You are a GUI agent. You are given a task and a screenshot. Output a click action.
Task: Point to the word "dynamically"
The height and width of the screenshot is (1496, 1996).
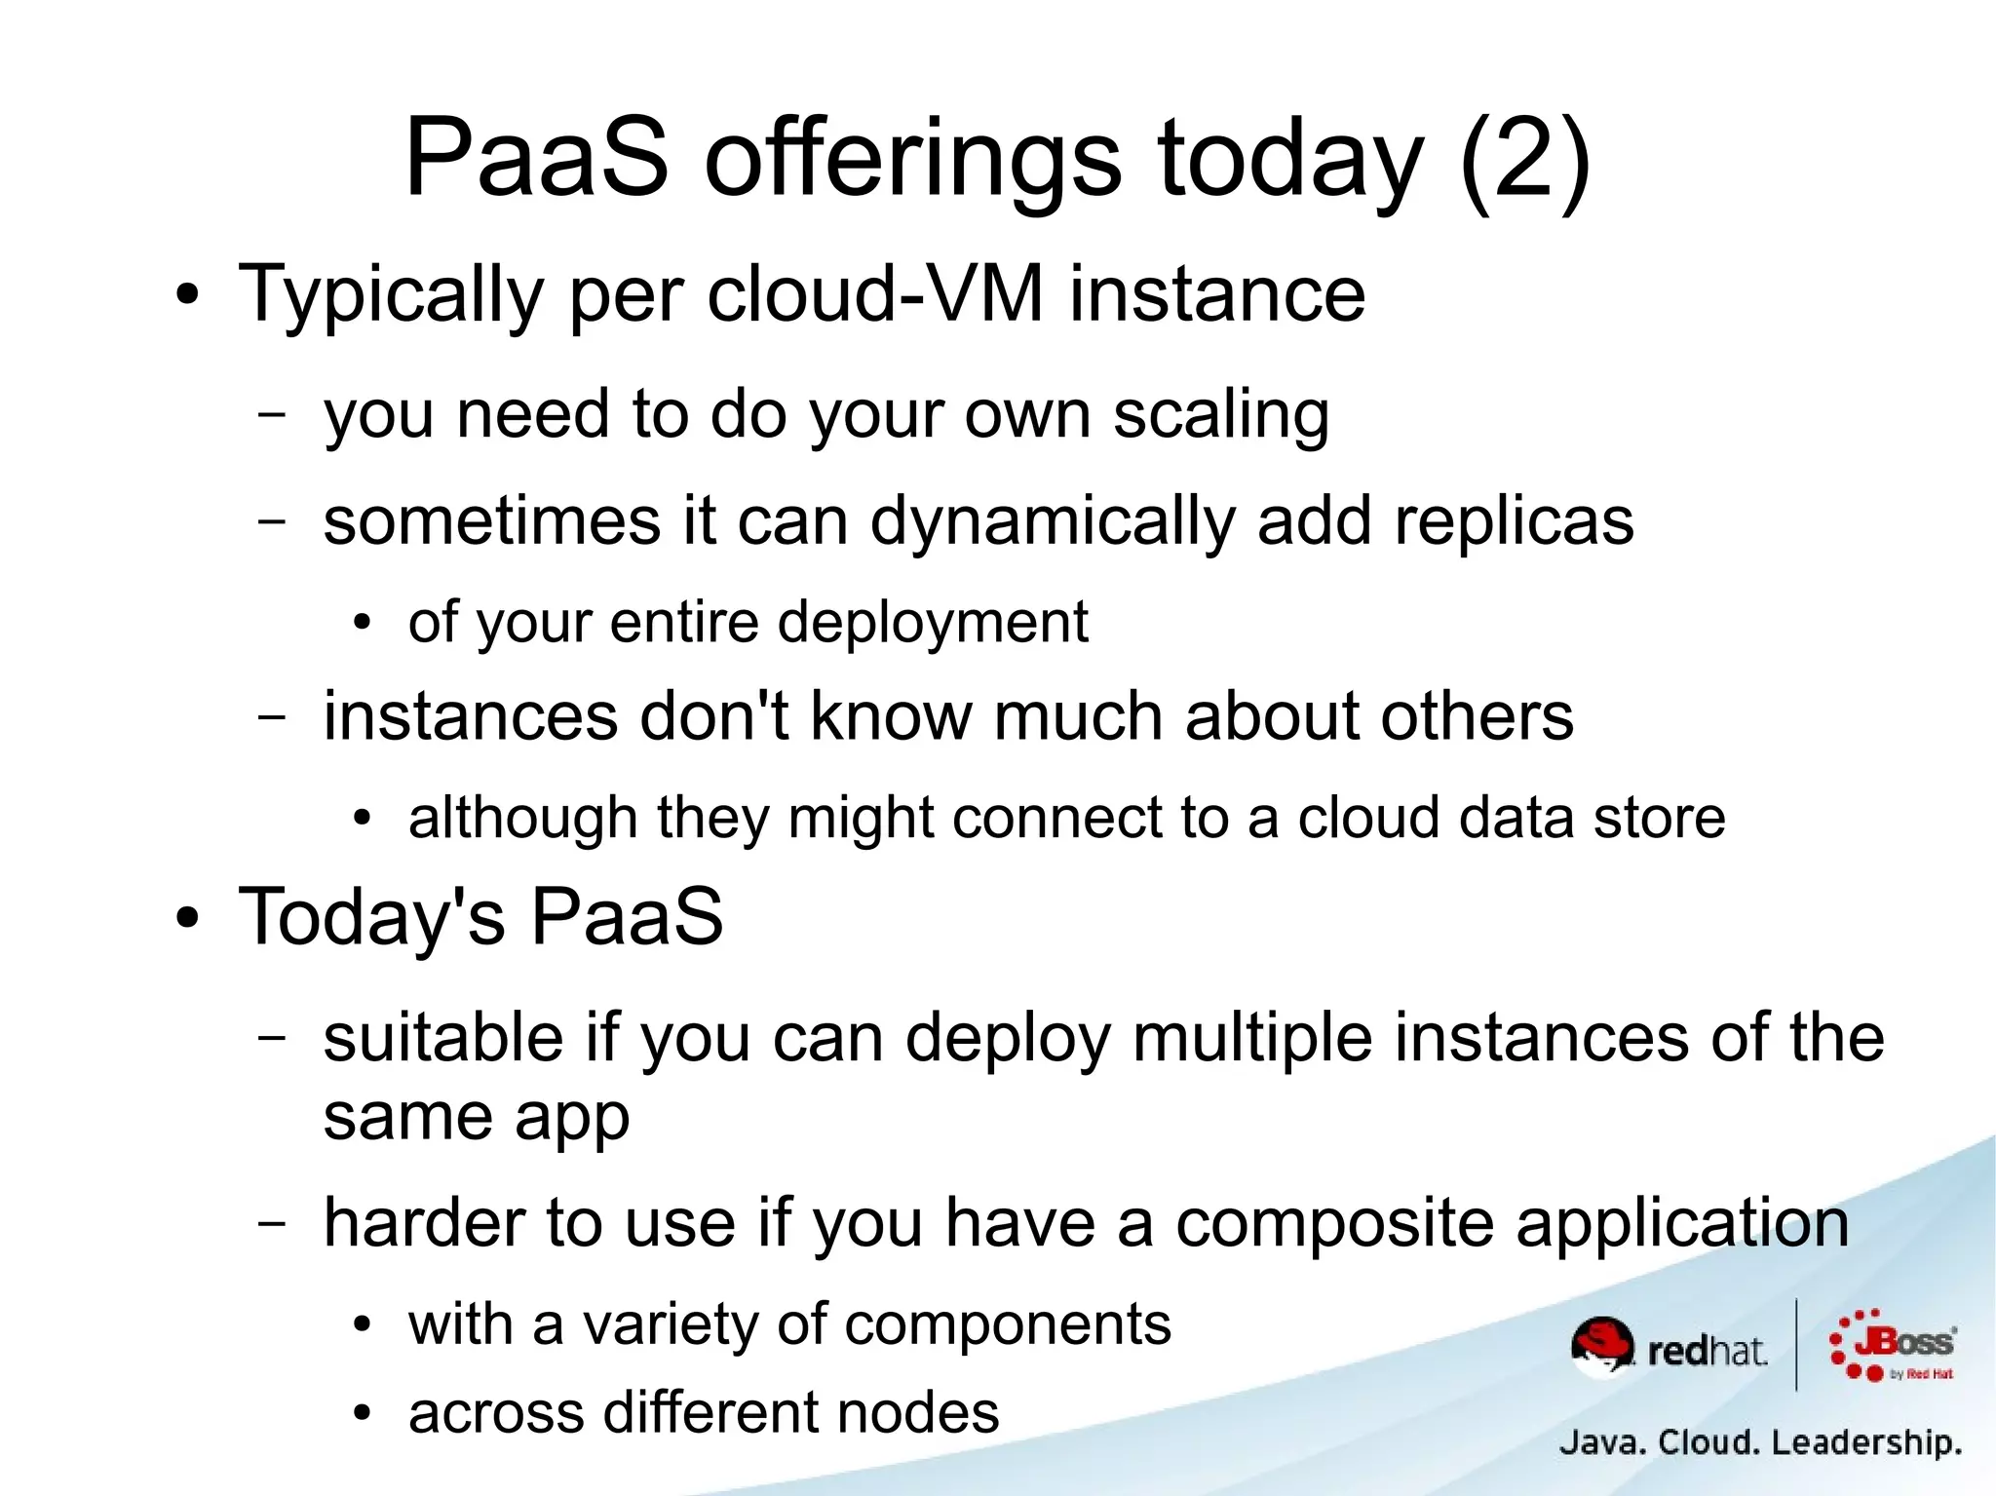pos(1052,522)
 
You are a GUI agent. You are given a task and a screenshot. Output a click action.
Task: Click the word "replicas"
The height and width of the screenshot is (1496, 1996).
pos(1513,520)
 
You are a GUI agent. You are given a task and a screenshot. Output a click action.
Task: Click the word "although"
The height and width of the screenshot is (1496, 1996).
pos(522,819)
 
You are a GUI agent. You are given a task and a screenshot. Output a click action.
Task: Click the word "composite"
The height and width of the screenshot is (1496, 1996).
pos(1334,1224)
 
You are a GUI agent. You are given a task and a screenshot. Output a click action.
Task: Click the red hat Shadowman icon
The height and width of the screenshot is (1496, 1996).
pos(1602,1346)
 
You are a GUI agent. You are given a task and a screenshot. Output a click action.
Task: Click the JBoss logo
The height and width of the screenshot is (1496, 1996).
pos(1893,1346)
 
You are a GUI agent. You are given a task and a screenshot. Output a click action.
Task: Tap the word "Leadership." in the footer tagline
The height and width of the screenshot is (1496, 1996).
pos(1865,1442)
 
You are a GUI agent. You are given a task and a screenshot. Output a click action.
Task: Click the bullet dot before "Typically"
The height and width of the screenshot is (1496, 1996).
pos(187,295)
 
